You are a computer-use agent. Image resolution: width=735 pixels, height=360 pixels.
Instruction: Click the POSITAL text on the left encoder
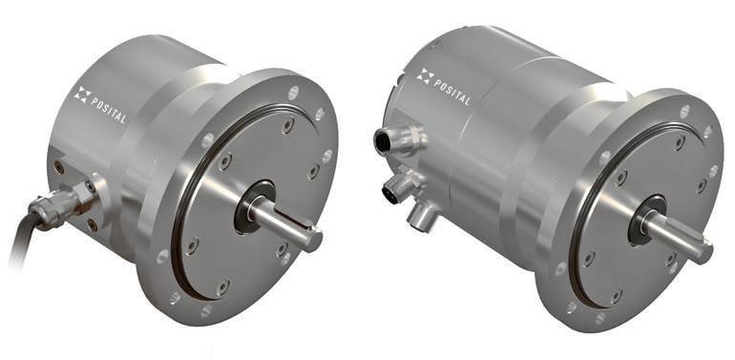(108, 110)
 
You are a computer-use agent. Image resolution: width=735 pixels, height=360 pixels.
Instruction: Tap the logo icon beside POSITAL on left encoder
(82, 95)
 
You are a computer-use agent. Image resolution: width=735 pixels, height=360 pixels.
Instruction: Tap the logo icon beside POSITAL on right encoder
(425, 76)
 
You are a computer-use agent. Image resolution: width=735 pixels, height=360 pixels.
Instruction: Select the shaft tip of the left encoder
(316, 240)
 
